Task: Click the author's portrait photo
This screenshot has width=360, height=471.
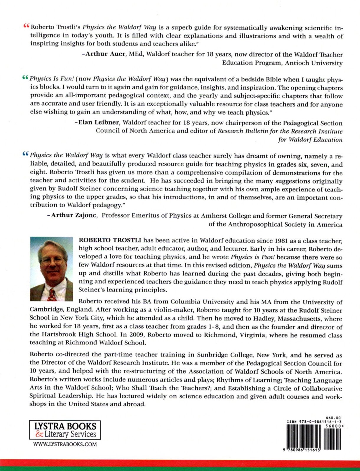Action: (51, 269)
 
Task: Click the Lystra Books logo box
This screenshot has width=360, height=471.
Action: (65, 430)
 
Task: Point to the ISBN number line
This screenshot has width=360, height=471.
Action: (314, 422)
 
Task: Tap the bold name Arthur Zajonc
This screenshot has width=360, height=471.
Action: (74, 216)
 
